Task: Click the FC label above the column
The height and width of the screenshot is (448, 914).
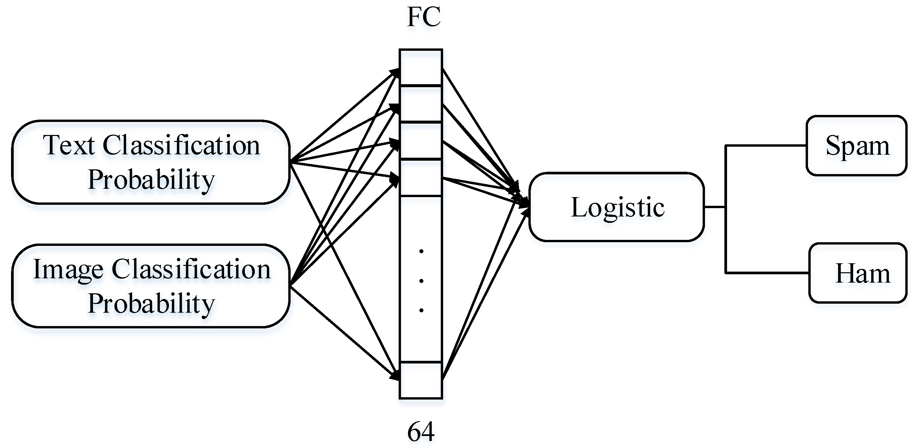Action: [x=424, y=17]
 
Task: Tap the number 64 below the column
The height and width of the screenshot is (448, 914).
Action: [x=421, y=432]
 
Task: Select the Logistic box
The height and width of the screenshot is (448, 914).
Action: [x=617, y=207]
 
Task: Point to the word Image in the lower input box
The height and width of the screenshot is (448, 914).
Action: [x=68, y=269]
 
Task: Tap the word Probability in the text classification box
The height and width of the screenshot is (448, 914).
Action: [x=151, y=180]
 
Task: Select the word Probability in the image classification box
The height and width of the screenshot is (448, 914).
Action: [x=151, y=303]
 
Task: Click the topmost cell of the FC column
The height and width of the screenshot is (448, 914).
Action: [x=421, y=67]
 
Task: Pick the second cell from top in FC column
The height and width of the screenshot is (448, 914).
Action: [x=421, y=104]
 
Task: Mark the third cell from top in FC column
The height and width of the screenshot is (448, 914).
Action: [x=421, y=141]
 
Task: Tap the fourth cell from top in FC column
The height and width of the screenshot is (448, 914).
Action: [x=421, y=178]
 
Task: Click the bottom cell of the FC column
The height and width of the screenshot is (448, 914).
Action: [x=421, y=380]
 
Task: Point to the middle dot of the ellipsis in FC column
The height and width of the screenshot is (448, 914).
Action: [x=421, y=281]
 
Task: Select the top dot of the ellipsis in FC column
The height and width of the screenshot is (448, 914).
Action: [x=421, y=251]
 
